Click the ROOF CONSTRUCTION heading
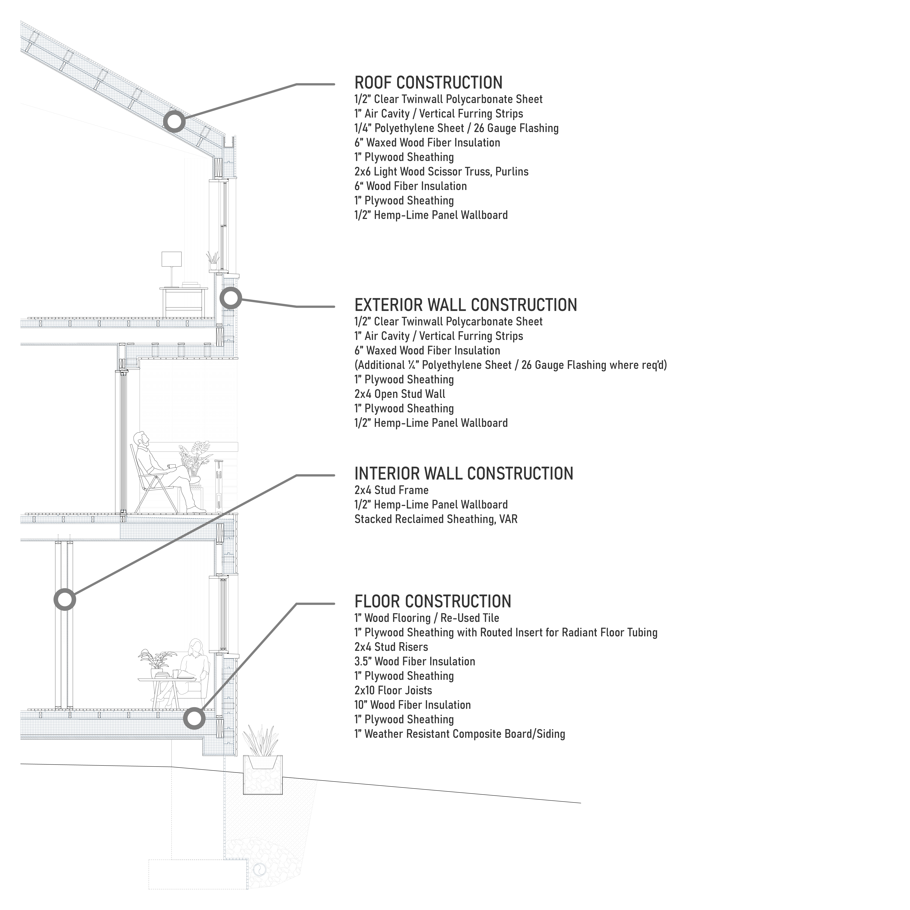click(428, 83)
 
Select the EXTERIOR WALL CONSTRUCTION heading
click(465, 305)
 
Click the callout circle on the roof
click(174, 122)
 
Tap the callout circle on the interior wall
click(64, 600)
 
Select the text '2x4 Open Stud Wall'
click(399, 394)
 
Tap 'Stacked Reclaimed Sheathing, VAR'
click(436, 519)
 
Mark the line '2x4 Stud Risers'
click(391, 647)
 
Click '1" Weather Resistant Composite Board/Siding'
click(459, 734)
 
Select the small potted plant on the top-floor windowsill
click(213, 260)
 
